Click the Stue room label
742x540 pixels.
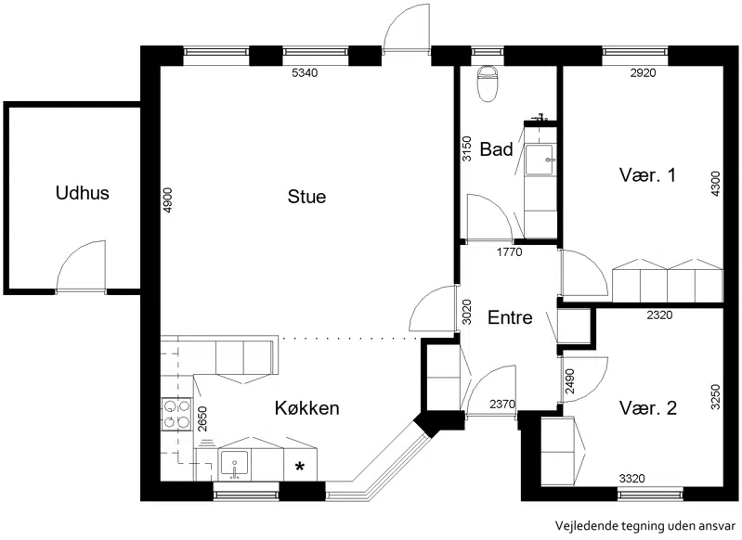coord(306,197)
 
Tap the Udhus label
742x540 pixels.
coord(83,193)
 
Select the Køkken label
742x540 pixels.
coord(307,408)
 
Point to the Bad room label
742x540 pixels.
coord(497,149)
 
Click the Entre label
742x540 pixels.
coord(510,317)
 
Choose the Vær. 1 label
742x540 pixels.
coord(647,175)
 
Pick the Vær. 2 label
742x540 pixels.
coord(648,407)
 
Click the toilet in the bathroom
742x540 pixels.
coord(488,84)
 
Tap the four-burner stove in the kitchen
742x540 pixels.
coord(176,414)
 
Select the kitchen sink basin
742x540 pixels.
coord(234,464)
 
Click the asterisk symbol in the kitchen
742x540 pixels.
coord(300,468)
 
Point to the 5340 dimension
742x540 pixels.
coord(304,72)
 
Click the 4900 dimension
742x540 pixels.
coord(167,201)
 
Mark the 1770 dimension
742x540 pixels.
coord(509,252)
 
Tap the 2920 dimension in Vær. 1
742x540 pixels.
coord(644,72)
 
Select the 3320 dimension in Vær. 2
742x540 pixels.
coord(631,479)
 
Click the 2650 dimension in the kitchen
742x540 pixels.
coord(202,419)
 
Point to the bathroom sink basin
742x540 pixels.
coord(540,161)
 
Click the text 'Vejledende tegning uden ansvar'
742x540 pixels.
coord(646,525)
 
